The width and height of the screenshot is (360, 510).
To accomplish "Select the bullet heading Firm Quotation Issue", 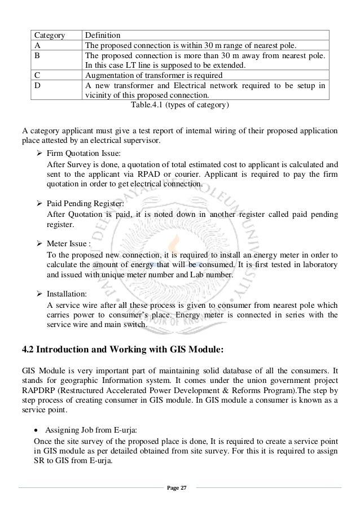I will coord(84,153).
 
